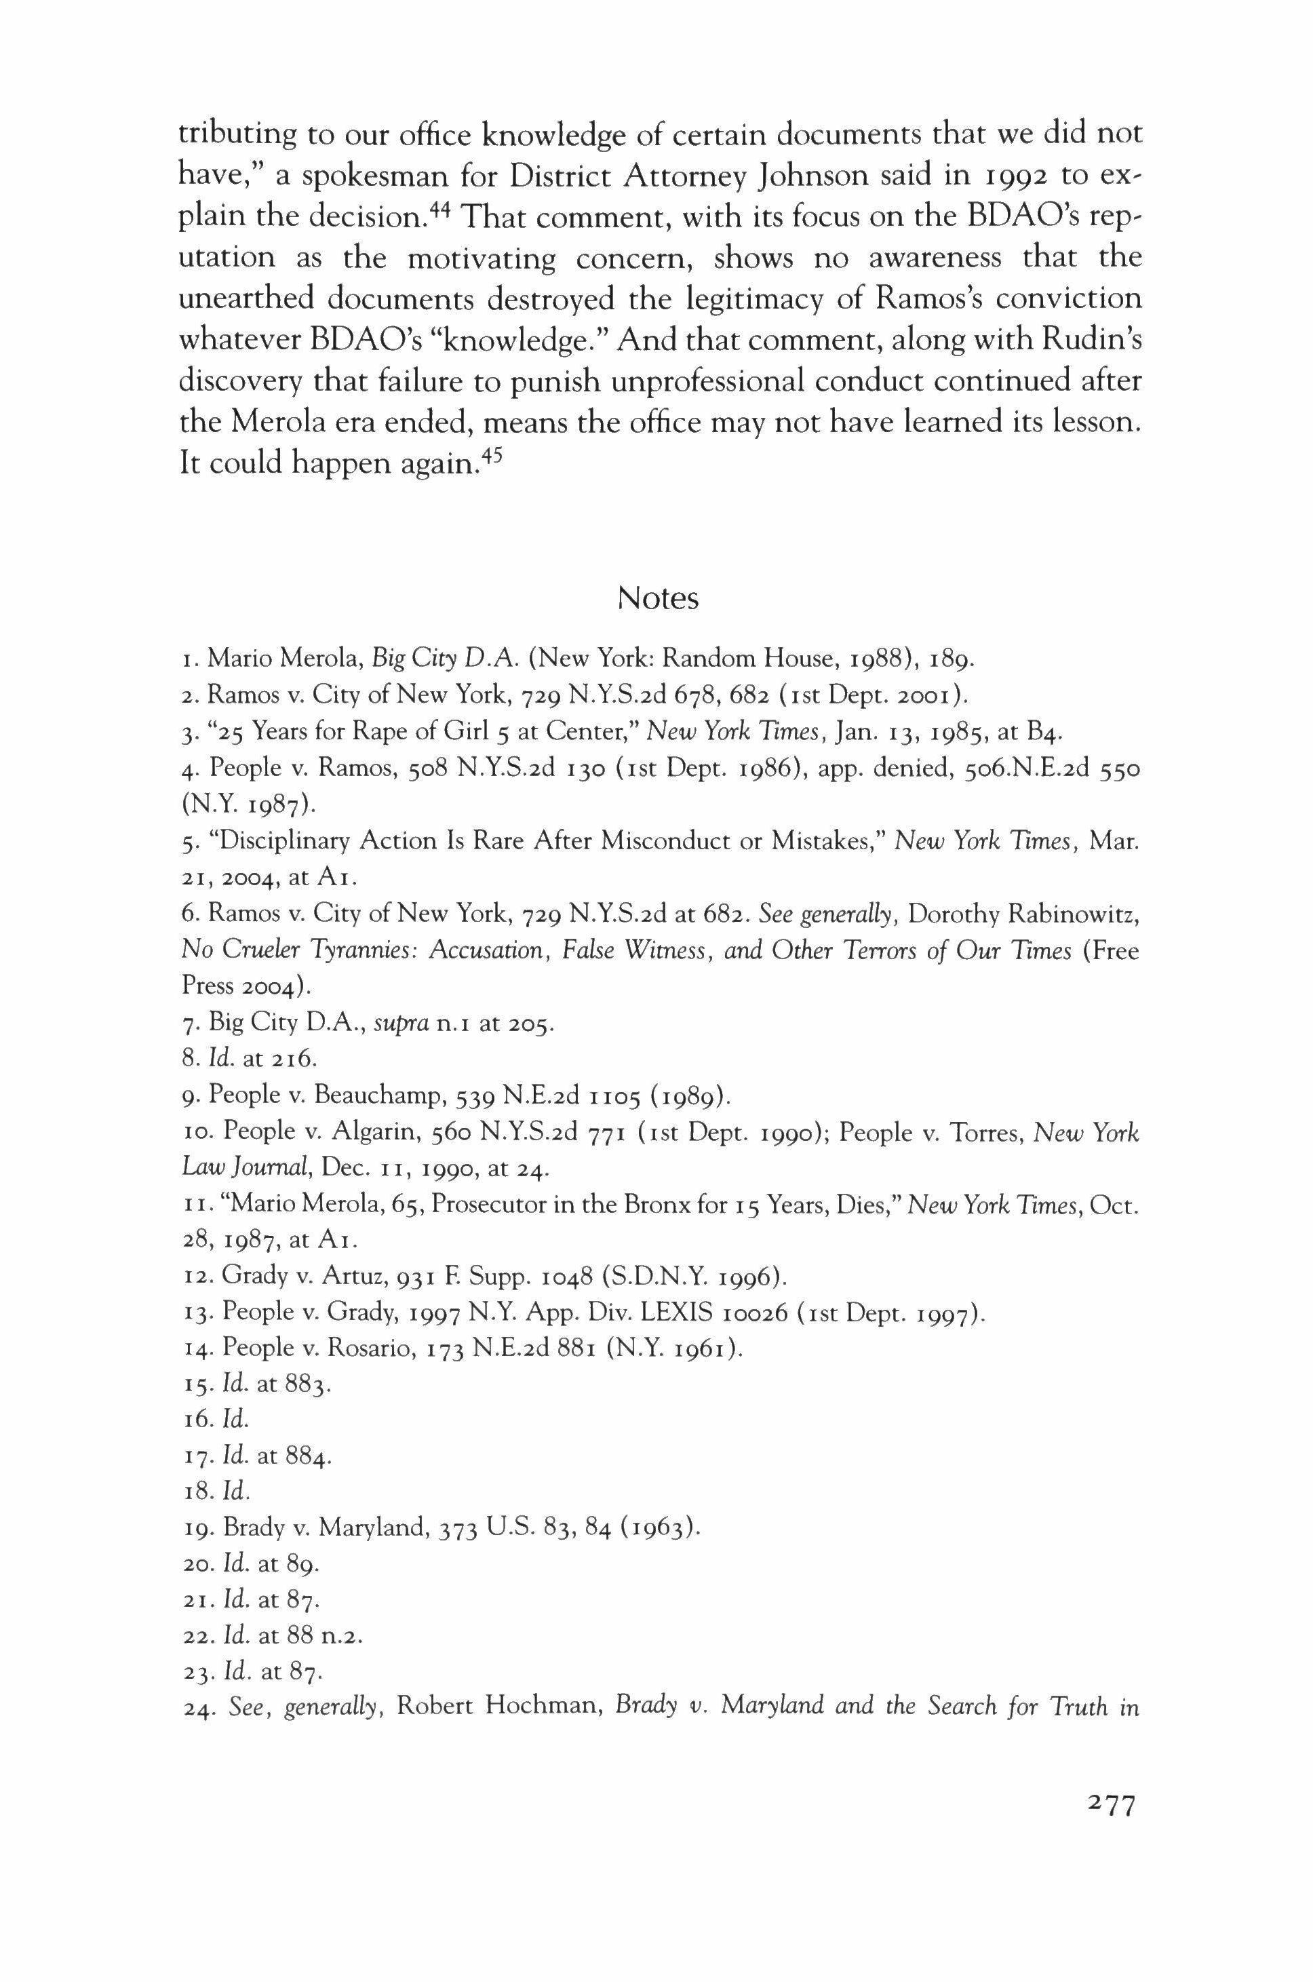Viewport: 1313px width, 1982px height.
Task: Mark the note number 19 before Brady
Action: tap(196, 1528)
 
